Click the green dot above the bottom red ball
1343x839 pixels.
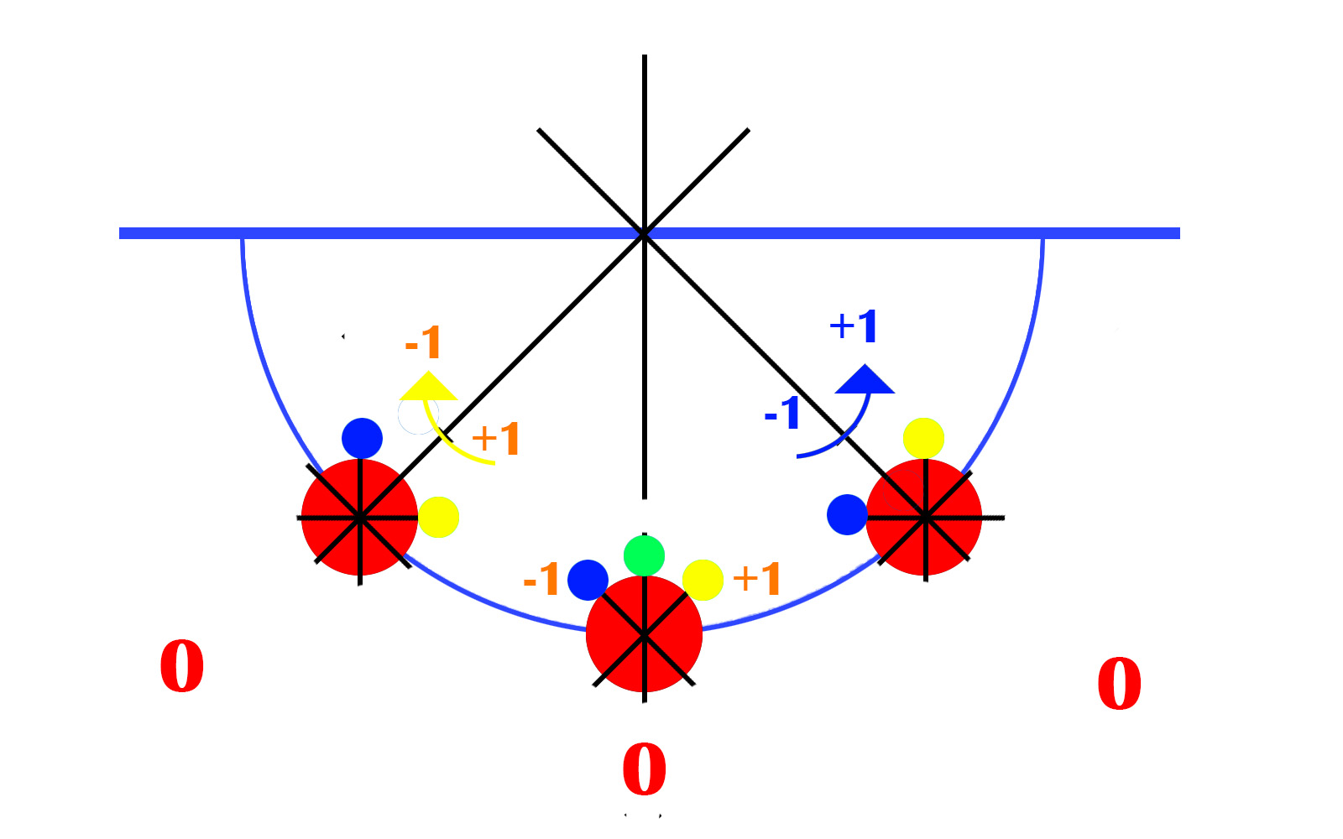[644, 556]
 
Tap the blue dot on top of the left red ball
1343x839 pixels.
[362, 438]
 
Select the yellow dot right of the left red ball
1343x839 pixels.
[438, 517]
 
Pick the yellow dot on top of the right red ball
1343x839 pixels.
[923, 438]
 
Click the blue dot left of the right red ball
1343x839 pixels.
[847, 515]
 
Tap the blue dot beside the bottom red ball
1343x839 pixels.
[588, 580]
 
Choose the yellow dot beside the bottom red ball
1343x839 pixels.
[703, 580]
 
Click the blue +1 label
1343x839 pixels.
[853, 326]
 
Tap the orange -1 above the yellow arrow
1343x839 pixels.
[423, 342]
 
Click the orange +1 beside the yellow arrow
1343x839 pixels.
[495, 439]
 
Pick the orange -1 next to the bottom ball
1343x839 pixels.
[541, 579]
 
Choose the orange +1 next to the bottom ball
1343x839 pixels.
[756, 579]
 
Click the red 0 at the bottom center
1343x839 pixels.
[645, 769]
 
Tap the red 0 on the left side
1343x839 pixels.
[181, 666]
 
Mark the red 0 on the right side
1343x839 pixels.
[1120, 684]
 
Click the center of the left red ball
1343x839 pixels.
[359, 517]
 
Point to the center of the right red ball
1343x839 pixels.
[924, 517]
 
